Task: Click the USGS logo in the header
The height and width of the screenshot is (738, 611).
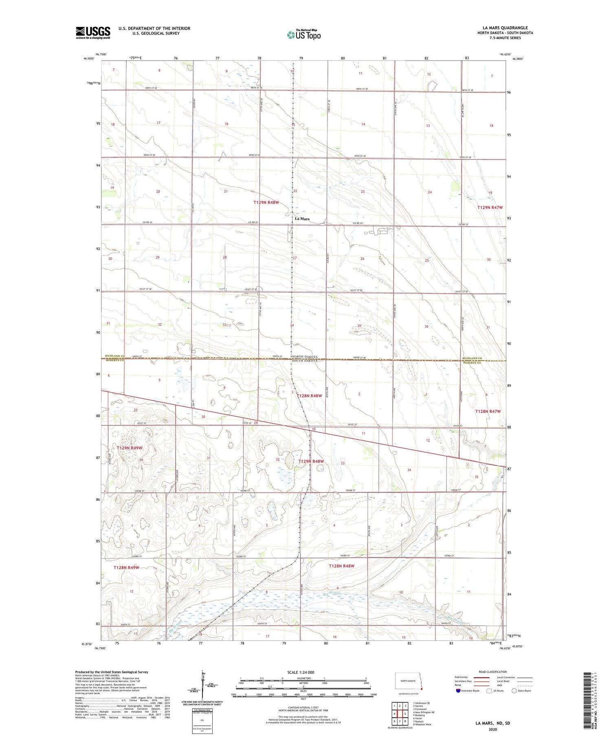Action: click(x=93, y=33)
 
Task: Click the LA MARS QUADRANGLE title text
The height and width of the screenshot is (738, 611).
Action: click(x=505, y=28)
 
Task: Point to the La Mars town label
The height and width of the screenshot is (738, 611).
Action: click(x=302, y=219)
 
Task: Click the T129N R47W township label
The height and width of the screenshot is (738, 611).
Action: click(x=490, y=208)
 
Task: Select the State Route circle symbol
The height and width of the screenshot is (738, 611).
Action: click(x=514, y=691)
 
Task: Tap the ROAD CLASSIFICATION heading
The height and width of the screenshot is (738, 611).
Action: click(x=493, y=672)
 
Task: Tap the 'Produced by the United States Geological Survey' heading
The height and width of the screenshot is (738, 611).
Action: click(x=112, y=672)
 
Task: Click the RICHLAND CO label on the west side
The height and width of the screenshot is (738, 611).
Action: click(x=114, y=356)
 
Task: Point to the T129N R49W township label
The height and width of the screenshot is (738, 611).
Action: click(x=130, y=448)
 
